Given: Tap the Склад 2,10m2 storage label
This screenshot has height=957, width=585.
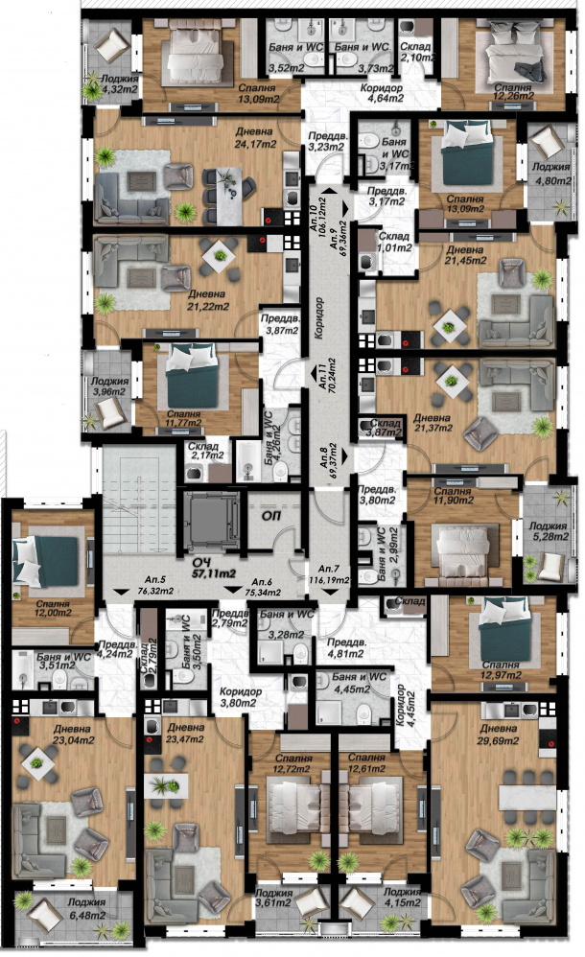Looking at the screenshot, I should tap(416, 52).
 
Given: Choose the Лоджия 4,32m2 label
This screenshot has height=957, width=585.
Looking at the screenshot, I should tap(114, 84).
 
